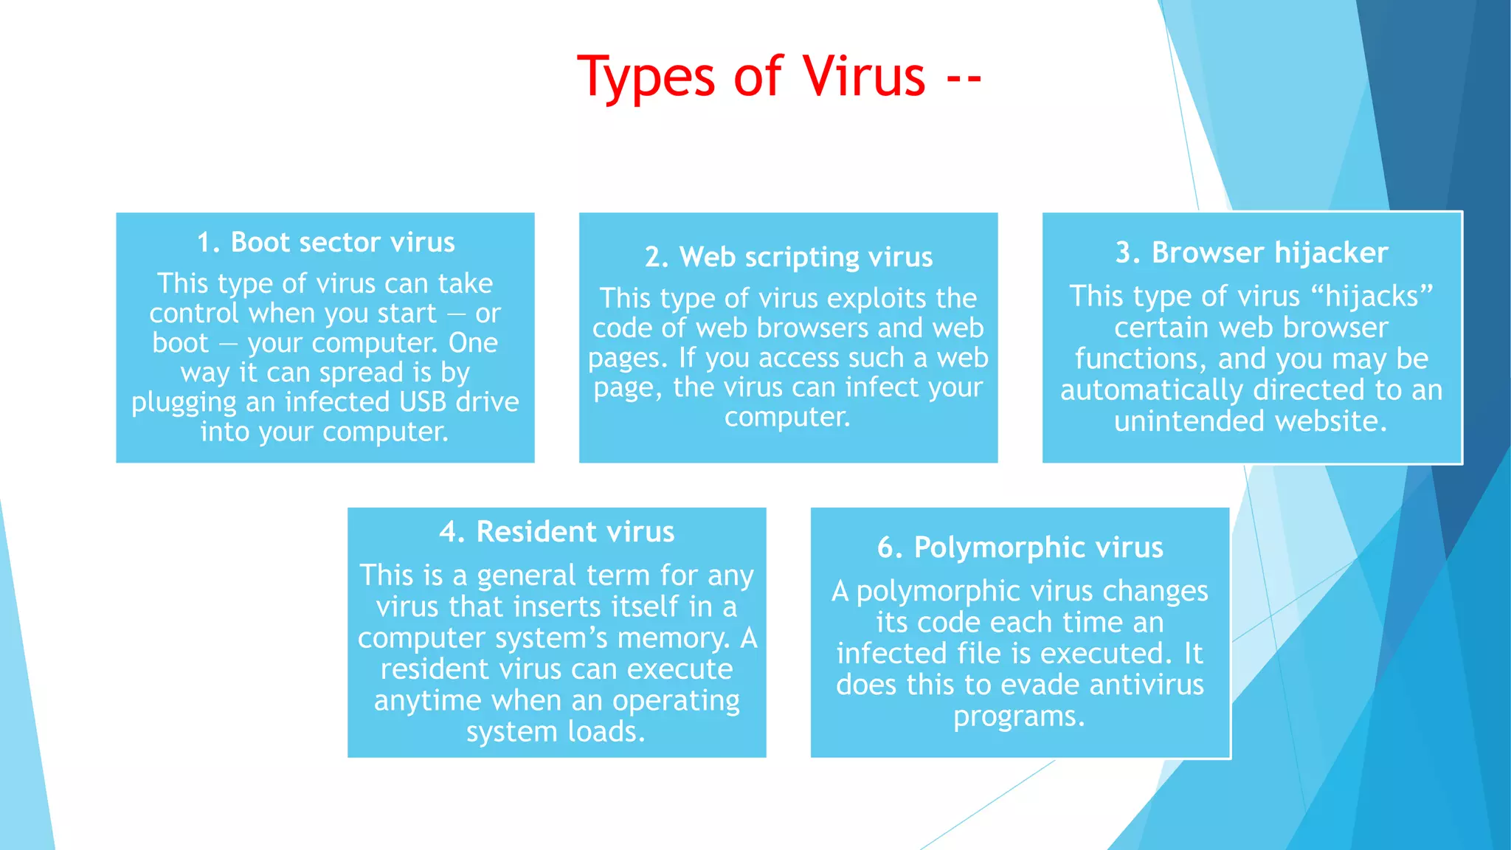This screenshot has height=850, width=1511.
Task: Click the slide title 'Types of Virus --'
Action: tap(779, 77)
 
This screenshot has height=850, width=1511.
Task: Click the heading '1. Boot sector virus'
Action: tap(325, 243)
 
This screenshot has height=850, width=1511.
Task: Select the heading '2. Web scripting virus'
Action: tap(788, 258)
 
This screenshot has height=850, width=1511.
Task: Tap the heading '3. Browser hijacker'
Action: tap(1251, 253)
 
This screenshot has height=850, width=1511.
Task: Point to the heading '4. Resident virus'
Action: tap(556, 532)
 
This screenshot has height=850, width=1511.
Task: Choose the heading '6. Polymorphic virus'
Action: tap(1020, 548)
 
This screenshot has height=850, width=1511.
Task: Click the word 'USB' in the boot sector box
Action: tap(423, 402)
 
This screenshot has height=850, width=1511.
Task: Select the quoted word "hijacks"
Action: tap(1372, 297)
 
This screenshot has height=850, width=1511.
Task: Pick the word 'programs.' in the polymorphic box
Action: tap(1019, 716)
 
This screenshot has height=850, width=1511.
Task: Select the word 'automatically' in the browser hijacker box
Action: tap(1152, 390)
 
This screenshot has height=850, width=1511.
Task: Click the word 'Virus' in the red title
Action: tap(863, 77)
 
